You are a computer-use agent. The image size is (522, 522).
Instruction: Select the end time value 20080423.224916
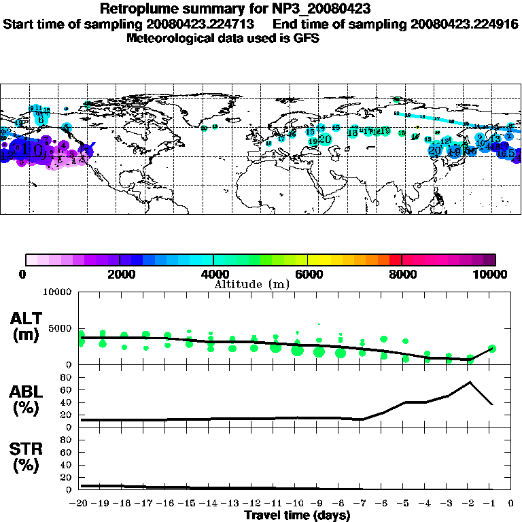pyautogui.click(x=464, y=24)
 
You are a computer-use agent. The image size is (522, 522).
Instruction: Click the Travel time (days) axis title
pyautogui.click(x=297, y=515)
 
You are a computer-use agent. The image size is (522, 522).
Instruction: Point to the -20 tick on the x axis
pyautogui.click(x=81, y=504)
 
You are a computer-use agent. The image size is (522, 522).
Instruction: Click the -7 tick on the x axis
pyautogui.click(x=362, y=504)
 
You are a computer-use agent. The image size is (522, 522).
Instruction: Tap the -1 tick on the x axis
pyautogui.click(x=490, y=504)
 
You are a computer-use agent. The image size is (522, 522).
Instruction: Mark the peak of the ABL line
pyautogui.click(x=470, y=381)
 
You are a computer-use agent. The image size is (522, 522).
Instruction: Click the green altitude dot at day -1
pyautogui.click(x=491, y=349)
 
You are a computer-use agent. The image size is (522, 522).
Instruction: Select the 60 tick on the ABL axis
pyautogui.click(x=65, y=389)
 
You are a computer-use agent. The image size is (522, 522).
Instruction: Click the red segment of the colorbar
pyautogui.click(x=396, y=260)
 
